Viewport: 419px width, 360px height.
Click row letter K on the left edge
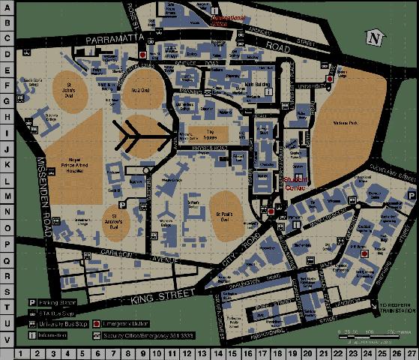[x=7, y=164]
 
